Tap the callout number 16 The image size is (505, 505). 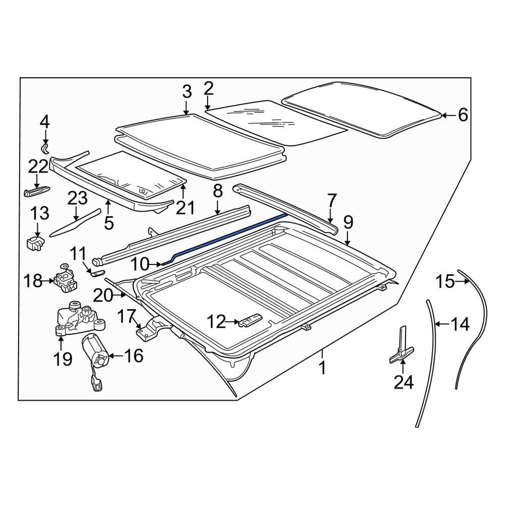(x=133, y=356)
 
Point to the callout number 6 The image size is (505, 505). (x=463, y=115)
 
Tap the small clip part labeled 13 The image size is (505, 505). (x=35, y=243)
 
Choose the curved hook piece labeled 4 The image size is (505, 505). (x=45, y=148)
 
